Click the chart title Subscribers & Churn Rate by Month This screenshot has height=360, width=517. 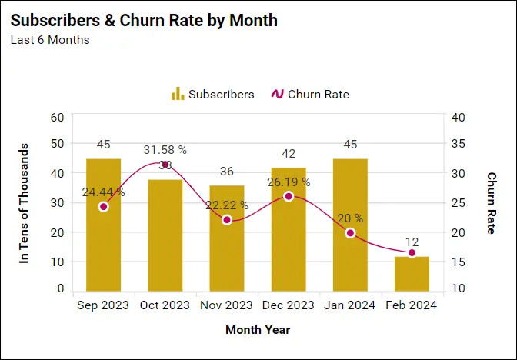[x=144, y=21]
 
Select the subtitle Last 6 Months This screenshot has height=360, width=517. [x=49, y=39]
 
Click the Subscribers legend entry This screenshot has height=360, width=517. [x=212, y=95]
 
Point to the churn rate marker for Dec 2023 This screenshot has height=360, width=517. [x=289, y=196]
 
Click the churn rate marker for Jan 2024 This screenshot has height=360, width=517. [x=350, y=232]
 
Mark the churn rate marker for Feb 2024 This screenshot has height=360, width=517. [x=412, y=252]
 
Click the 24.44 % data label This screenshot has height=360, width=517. [x=105, y=192]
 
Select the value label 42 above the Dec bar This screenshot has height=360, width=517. [x=289, y=154]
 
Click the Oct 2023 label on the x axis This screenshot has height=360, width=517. [x=165, y=305]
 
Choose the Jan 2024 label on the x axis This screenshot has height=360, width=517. [x=350, y=305]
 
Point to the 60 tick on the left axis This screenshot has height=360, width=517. [x=57, y=117]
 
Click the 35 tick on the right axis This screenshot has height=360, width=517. [x=459, y=145]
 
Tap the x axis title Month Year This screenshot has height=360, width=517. [x=258, y=330]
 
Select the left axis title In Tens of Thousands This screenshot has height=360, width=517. [x=24, y=204]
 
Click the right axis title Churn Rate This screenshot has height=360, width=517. [x=492, y=204]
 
